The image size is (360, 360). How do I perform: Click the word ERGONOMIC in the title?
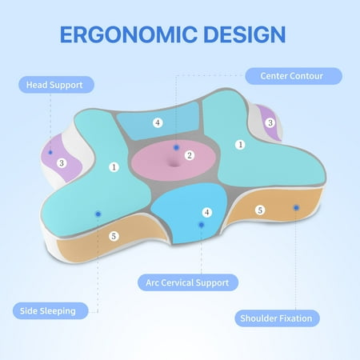[129, 34]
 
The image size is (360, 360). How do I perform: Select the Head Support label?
[56, 85]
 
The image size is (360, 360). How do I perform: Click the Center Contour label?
[294, 76]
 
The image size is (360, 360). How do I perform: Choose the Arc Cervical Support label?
[188, 282]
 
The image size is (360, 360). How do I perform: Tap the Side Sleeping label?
[50, 311]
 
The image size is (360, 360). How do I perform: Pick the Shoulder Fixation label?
[277, 318]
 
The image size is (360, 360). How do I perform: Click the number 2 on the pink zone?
[190, 155]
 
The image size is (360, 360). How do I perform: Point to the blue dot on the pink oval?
[176, 147]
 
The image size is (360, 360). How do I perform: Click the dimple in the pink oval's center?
[174, 162]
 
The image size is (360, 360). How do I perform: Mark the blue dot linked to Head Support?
[50, 152]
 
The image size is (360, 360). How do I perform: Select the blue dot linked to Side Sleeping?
[98, 214]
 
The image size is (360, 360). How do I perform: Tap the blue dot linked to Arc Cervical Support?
[202, 225]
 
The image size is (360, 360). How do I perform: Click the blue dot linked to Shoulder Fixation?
[296, 207]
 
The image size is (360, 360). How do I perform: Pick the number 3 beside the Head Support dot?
[62, 163]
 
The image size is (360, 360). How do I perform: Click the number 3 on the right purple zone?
[270, 122]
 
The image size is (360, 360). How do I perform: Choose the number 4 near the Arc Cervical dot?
[207, 213]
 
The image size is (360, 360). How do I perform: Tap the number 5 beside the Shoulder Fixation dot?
[260, 210]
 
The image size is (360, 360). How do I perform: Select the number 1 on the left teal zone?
[114, 167]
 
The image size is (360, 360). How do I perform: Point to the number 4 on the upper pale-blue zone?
[158, 122]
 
